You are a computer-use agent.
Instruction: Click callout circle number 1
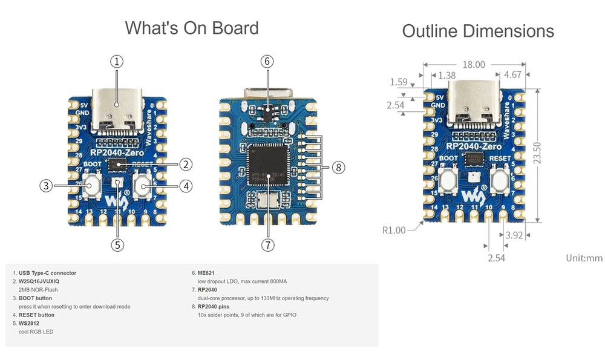tap(117, 61)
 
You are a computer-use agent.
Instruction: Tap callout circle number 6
tap(267, 61)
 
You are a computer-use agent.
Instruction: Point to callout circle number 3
tap(46, 186)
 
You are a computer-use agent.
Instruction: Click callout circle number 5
tap(117, 244)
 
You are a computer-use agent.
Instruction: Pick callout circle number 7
tap(267, 244)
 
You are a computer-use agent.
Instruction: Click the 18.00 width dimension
tap(474, 65)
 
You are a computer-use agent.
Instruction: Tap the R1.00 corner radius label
tap(394, 230)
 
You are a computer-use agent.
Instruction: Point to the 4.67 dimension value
tap(512, 76)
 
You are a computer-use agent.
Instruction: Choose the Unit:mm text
tap(584, 258)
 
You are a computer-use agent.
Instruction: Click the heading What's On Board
tap(191, 28)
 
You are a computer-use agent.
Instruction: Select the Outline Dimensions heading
tap(478, 31)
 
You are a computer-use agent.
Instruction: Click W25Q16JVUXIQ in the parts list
tap(39, 281)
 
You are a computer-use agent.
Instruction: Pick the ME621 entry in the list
tap(207, 273)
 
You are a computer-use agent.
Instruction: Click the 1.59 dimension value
tap(399, 82)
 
